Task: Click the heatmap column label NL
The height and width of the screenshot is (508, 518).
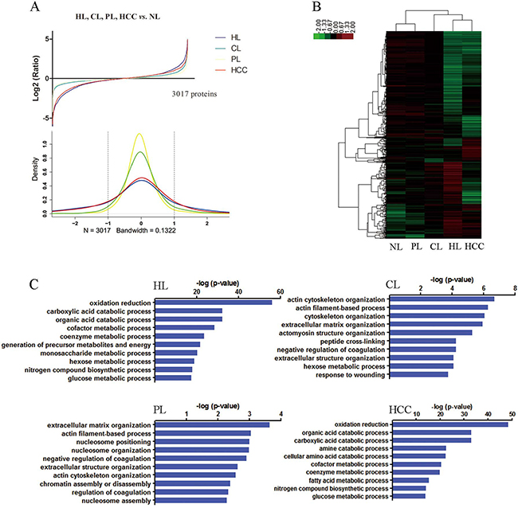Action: pyautogui.click(x=396, y=245)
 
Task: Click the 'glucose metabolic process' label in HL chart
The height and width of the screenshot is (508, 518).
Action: pyautogui.click(x=100, y=378)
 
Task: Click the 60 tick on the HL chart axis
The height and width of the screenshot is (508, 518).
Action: pyautogui.click(x=281, y=291)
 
